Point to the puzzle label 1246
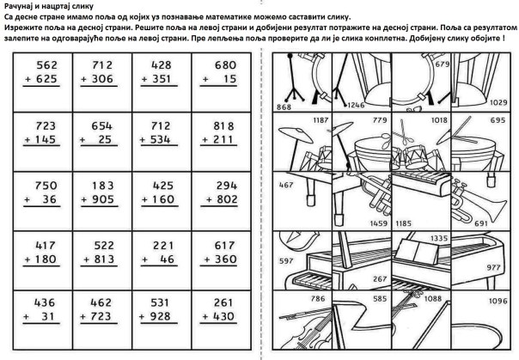point(355,104)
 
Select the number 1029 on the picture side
point(498,102)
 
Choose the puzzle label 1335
point(438,237)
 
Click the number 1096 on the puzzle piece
point(498,300)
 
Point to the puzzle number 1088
point(431,299)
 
